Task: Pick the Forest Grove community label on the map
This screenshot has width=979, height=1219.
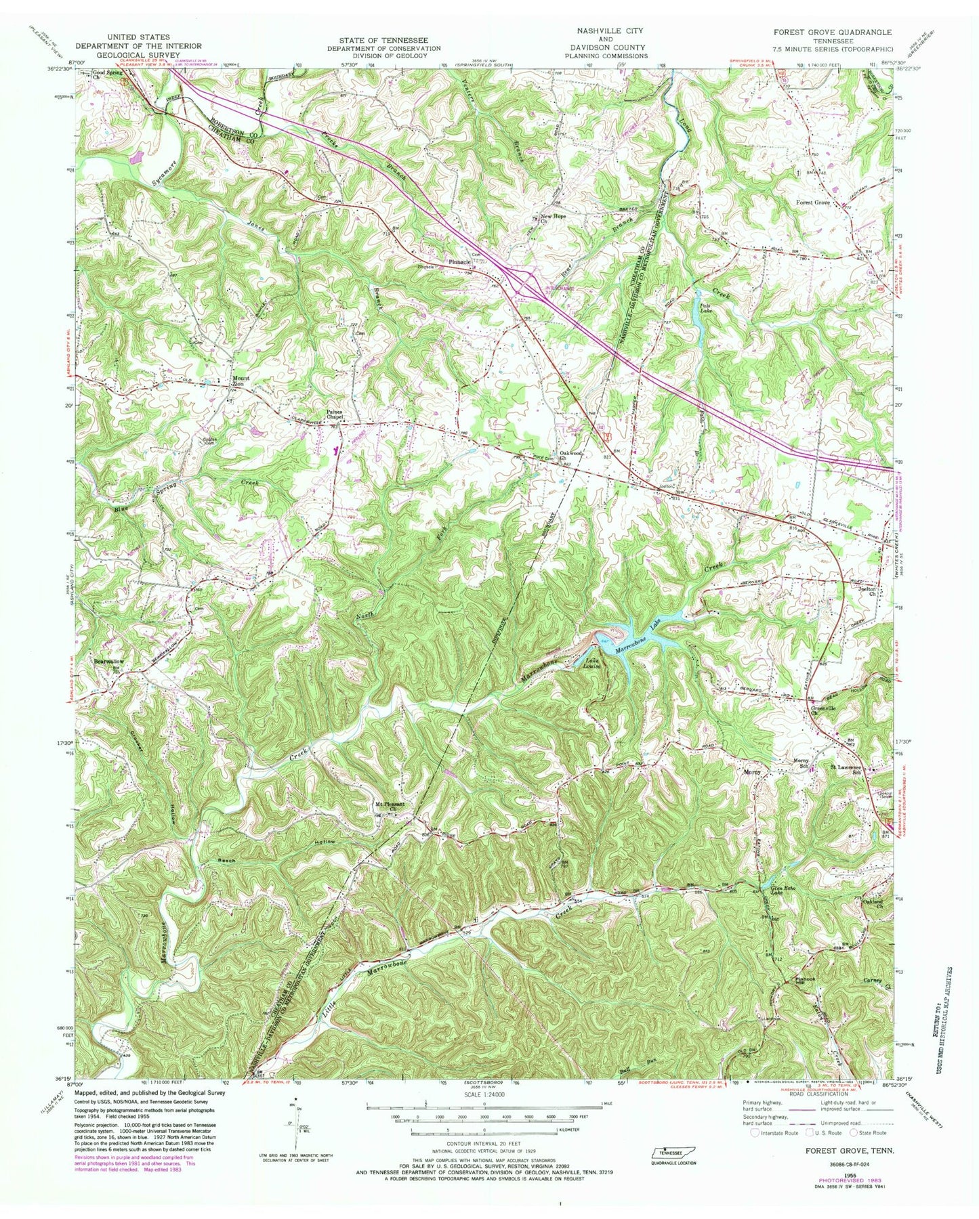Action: (x=813, y=202)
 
